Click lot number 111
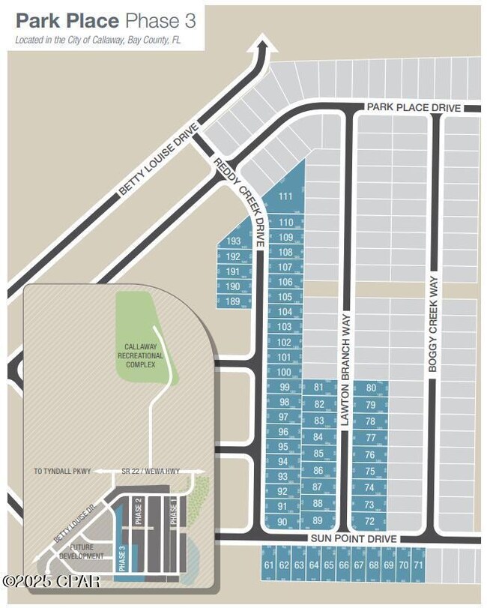click(285, 196)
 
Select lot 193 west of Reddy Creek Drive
click(234, 241)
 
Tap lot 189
click(233, 301)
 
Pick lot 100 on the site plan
click(283, 372)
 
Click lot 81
click(319, 387)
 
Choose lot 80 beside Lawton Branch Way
click(370, 388)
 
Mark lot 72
click(369, 521)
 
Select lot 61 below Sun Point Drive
click(269, 565)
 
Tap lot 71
click(418, 565)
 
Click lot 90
click(282, 522)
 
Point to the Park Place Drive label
click(414, 108)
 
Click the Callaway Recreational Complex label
click(140, 355)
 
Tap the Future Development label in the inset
click(82, 552)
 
